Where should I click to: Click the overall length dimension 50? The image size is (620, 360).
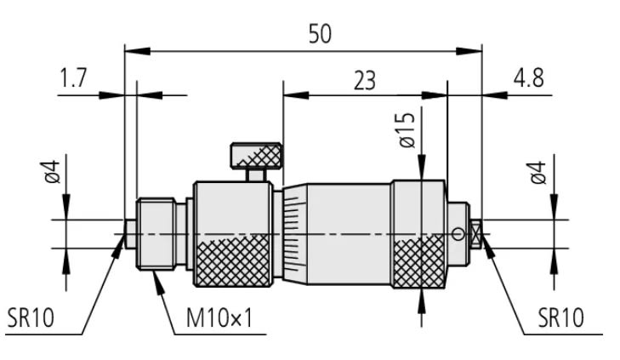[320, 33]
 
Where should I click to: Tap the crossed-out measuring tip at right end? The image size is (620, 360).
[476, 233]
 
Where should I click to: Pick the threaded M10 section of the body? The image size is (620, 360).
[158, 234]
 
